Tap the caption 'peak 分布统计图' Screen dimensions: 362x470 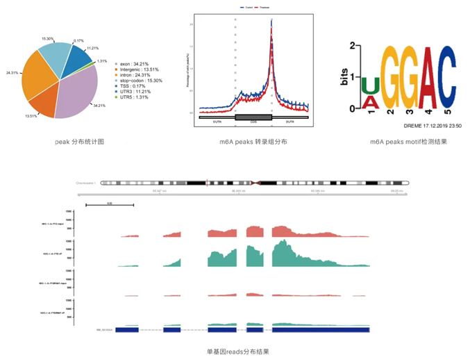tap(79, 141)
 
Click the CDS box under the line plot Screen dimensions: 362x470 tap(253, 117)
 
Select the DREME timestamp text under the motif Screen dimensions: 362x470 tap(433, 126)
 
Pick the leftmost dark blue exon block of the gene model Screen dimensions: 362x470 tap(128, 329)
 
